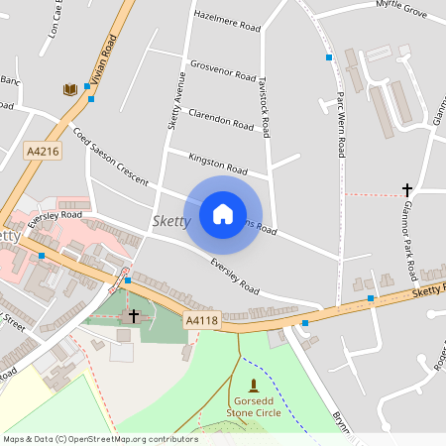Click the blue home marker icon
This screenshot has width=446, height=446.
pyautogui.click(x=222, y=213)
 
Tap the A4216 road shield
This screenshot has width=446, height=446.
pyautogui.click(x=44, y=151)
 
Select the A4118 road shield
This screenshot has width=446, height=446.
pyautogui.click(x=201, y=320)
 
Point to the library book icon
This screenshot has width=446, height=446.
pyautogui.click(x=69, y=90)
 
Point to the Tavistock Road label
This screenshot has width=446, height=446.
pyautogui.click(x=265, y=105)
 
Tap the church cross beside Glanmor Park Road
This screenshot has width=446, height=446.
pyautogui.click(x=406, y=188)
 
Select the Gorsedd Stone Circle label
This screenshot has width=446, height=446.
pyautogui.click(x=254, y=406)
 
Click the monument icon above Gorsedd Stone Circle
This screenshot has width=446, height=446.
pyautogui.click(x=253, y=385)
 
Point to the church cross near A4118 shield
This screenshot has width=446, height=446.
pyautogui.click(x=134, y=315)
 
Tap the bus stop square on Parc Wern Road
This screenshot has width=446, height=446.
pyautogui.click(x=329, y=57)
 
